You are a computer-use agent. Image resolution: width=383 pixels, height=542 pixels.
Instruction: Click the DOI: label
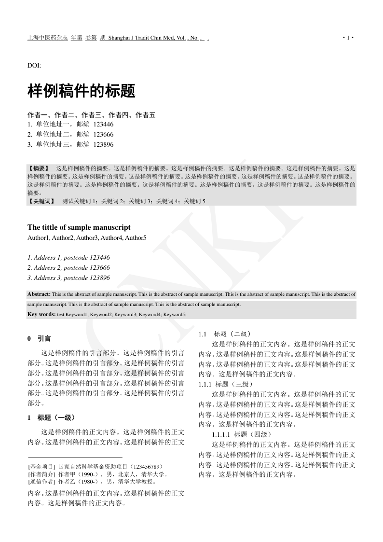pyautogui.click(x=34, y=65)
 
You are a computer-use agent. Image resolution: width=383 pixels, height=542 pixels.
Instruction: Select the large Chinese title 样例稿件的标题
pyautogui.click(x=82, y=91)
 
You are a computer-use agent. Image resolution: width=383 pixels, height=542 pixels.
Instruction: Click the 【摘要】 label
pyautogui.click(x=39, y=169)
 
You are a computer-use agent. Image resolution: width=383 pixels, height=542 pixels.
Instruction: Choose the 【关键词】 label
pyautogui.click(x=42, y=201)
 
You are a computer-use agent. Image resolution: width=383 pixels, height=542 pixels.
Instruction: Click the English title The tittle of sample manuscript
pyautogui.click(x=79, y=227)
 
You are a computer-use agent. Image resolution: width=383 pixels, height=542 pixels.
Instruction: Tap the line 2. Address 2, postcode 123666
pyautogui.click(x=68, y=268)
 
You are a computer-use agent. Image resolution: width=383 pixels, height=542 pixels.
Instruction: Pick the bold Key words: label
pyautogui.click(x=41, y=314)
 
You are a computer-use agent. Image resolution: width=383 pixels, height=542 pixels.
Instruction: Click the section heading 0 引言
pyautogui.click(x=40, y=339)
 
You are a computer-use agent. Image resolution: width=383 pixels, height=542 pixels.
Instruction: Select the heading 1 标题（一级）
pyautogui.click(x=51, y=417)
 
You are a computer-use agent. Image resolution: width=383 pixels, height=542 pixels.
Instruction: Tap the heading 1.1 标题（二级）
pyautogui.click(x=224, y=334)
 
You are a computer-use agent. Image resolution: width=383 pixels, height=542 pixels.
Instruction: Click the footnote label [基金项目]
pyautogui.click(x=42, y=466)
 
